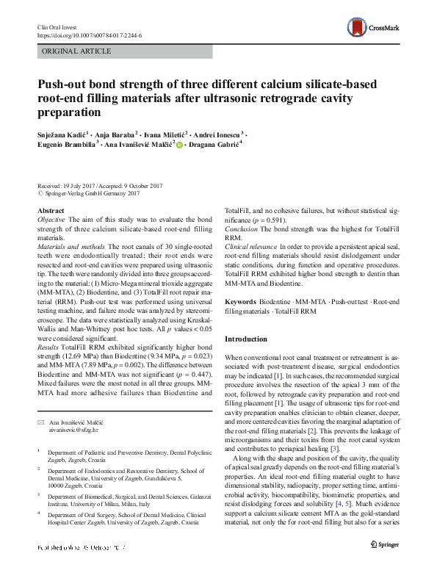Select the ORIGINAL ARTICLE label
pos(76,51)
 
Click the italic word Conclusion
pos(241,229)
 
